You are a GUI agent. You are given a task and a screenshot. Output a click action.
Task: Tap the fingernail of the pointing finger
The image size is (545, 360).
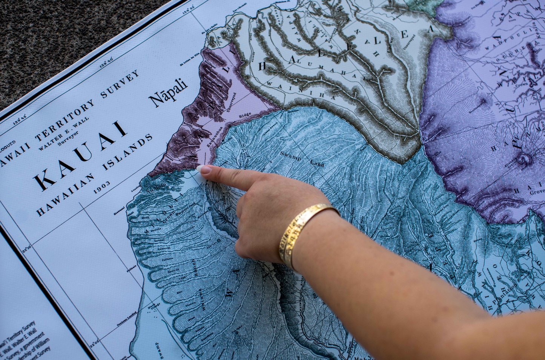206,170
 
